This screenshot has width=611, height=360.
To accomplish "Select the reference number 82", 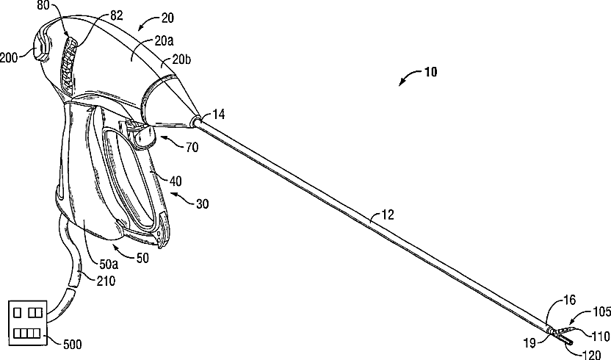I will [x=96, y=14].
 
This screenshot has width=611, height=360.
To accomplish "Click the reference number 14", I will [x=220, y=113].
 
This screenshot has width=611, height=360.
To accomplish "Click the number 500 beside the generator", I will [x=72, y=343].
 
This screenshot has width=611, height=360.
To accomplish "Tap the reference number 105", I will [x=600, y=312].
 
